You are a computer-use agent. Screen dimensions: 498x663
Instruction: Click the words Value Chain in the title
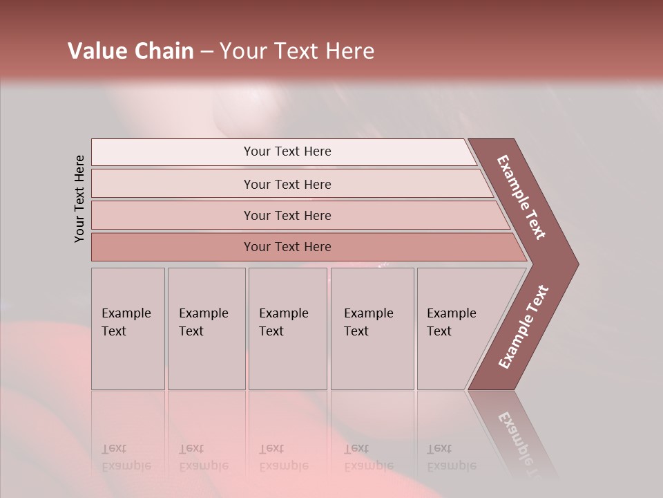131,50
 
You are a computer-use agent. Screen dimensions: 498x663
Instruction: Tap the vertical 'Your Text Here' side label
79,199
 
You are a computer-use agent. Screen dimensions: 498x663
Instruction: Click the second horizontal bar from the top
287,184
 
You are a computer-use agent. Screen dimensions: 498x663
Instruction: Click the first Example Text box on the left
128,329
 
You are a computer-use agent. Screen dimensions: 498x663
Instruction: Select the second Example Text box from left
206,329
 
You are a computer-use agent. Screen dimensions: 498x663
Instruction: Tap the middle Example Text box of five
287,329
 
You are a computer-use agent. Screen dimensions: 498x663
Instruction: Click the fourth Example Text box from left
372,329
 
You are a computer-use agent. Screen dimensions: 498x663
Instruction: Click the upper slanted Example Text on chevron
522,198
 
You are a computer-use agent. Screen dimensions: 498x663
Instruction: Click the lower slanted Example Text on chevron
523,327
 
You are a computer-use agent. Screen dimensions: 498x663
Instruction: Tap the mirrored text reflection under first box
126,457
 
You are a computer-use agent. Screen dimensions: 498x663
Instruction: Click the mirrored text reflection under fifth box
451,457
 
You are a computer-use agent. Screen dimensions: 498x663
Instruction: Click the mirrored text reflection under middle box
283,457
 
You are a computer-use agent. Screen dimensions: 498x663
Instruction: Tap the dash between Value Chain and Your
206,52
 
